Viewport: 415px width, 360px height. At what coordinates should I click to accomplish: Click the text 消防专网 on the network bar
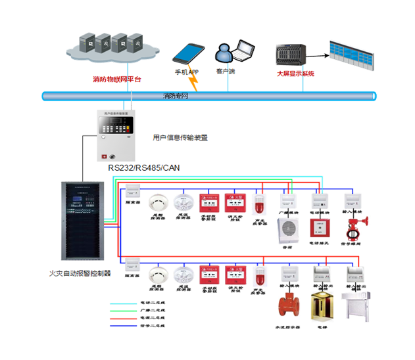(x=176, y=97)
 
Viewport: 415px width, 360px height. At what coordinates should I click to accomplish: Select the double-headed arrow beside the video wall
(x=320, y=55)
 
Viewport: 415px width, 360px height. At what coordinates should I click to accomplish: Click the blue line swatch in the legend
(x=124, y=324)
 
